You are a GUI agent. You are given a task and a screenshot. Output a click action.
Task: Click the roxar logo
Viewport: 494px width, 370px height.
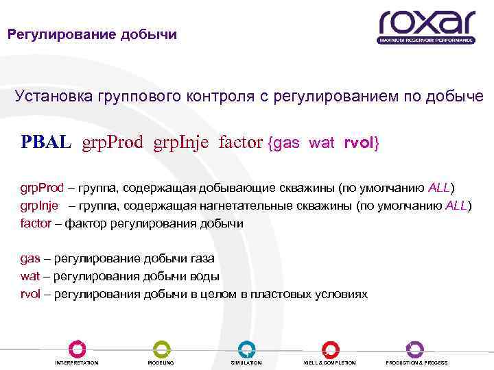tap(426, 23)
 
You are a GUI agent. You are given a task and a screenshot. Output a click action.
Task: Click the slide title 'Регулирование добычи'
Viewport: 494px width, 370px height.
tap(92, 34)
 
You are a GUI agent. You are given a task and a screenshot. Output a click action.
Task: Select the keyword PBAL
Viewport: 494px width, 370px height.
tap(46, 143)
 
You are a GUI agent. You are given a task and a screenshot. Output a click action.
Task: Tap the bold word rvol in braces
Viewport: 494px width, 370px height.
tap(357, 143)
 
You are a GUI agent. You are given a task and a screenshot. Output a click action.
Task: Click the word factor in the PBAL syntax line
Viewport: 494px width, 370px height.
tap(240, 143)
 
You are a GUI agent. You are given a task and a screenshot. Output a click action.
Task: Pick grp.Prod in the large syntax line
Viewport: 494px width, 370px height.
tap(113, 143)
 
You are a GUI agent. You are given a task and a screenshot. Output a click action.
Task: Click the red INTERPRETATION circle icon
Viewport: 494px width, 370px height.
tap(77, 349)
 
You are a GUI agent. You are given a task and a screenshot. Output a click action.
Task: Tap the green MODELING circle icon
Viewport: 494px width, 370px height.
tap(161, 349)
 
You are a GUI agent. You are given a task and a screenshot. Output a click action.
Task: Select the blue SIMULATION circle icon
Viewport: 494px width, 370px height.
tap(246, 349)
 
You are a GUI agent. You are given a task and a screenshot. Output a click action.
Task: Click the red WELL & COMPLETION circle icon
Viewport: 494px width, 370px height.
tap(330, 349)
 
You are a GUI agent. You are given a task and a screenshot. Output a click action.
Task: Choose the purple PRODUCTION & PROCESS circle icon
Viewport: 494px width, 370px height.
tap(415, 349)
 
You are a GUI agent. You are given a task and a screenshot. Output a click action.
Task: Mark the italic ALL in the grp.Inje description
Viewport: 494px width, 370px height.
tap(456, 205)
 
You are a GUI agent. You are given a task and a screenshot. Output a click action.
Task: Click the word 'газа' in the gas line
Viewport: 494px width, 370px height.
tap(200, 259)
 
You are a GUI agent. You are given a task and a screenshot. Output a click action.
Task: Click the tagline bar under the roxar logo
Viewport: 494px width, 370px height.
tap(425, 40)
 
